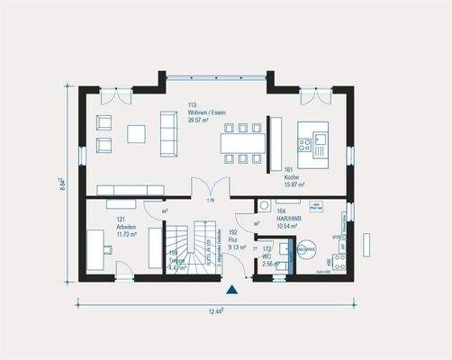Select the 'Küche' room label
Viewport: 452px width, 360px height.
point(290,177)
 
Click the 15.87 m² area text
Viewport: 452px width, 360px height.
point(294,184)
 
